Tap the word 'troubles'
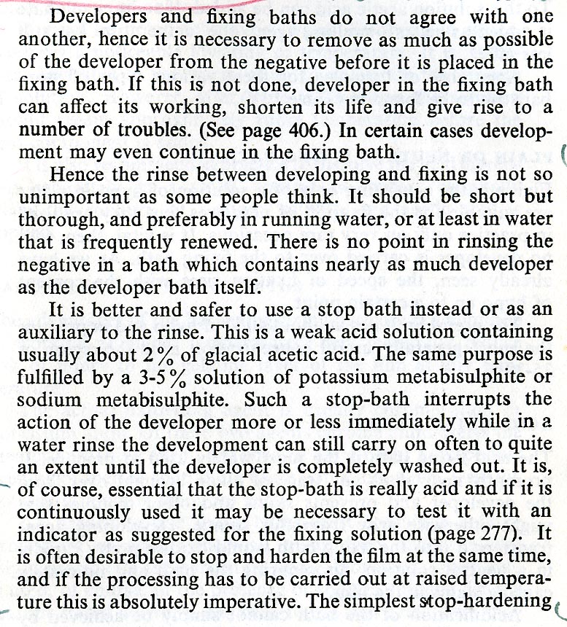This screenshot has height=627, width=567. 128,133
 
